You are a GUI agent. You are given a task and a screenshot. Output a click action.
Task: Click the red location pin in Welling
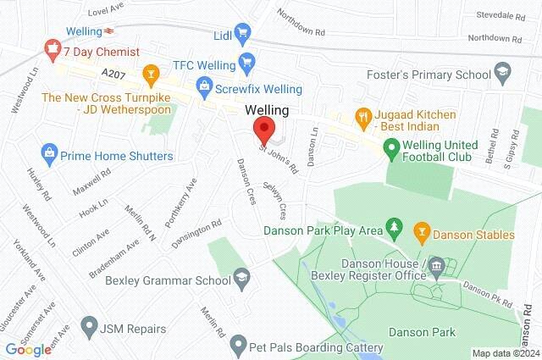click(263, 131)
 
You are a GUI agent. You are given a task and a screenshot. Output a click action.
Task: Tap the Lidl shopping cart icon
click(243, 35)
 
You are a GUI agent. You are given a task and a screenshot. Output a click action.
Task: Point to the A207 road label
click(113, 75)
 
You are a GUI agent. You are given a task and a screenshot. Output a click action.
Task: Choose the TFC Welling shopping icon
click(246, 61)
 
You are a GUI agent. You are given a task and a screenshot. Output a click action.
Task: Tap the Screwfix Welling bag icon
click(203, 85)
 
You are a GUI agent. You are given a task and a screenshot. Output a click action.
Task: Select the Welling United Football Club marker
click(391, 151)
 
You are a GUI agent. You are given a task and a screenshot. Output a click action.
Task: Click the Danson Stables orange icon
click(420, 229)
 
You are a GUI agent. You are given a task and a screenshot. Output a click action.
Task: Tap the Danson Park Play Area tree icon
click(393, 229)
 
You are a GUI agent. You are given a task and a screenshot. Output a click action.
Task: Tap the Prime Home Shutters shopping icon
click(49, 155)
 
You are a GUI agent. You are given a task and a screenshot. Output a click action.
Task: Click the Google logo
click(28, 349)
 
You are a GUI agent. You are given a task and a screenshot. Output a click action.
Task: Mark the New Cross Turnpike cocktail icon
click(152, 75)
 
